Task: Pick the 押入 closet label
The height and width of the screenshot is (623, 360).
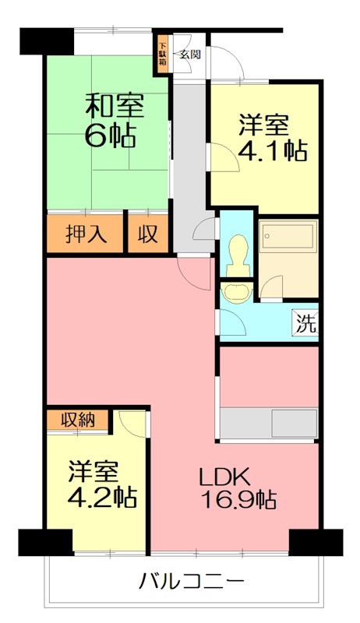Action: pos(85,234)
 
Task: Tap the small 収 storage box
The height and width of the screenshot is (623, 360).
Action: pos(147,234)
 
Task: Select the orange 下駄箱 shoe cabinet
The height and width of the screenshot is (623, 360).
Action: pos(163,55)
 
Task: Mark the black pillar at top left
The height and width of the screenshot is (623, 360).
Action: pos(34,40)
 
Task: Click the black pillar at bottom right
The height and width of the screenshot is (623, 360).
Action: pos(316,542)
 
